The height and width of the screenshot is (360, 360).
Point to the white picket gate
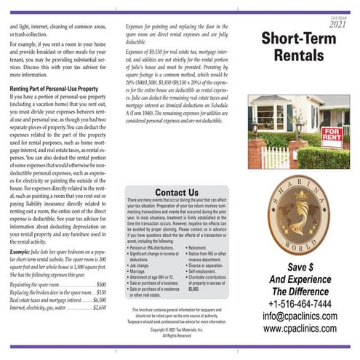pos(275,156)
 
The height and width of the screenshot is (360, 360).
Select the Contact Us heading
pos(177,192)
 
